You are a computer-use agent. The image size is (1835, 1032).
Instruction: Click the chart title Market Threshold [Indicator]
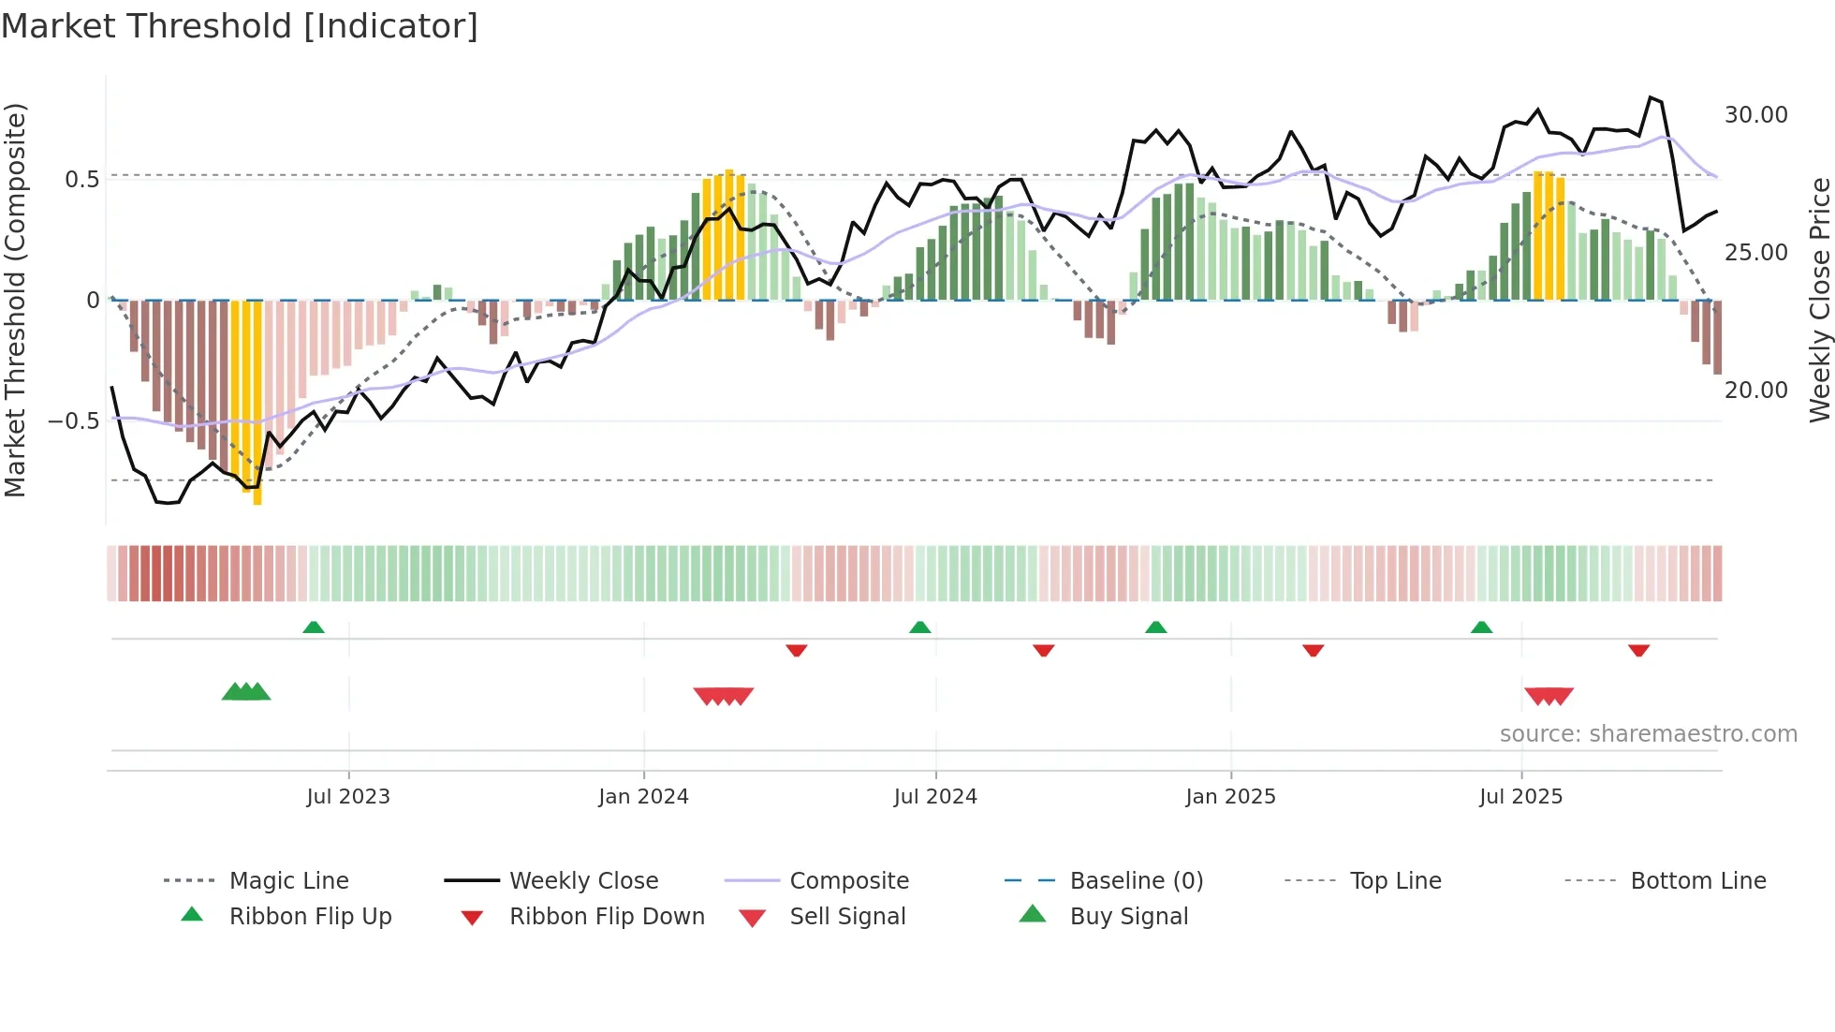pyautogui.click(x=240, y=26)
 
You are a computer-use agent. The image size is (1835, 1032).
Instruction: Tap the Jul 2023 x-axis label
pyautogui.click(x=348, y=797)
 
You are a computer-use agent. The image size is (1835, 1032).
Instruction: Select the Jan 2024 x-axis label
pyautogui.click(x=643, y=797)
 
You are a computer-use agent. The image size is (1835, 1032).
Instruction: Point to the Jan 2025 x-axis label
pyautogui.click(x=1230, y=797)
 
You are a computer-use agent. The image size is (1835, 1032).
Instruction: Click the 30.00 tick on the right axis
pyautogui.click(x=1755, y=115)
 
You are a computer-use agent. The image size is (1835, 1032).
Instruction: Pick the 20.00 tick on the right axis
pyautogui.click(x=1755, y=391)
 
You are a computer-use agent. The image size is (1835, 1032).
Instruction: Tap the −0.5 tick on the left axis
pyautogui.click(x=73, y=421)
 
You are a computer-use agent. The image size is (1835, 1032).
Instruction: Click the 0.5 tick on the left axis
pyautogui.click(x=81, y=180)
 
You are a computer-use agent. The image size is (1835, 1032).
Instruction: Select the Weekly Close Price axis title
pyautogui.click(x=1819, y=300)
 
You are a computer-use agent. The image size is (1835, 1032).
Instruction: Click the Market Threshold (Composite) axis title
pyautogui.click(x=15, y=300)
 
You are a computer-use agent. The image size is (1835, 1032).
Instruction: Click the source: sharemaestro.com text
pyautogui.click(x=1648, y=734)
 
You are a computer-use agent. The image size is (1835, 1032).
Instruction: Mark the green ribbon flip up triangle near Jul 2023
pyautogui.click(x=314, y=627)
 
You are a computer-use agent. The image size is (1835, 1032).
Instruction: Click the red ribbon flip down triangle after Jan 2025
pyautogui.click(x=1313, y=650)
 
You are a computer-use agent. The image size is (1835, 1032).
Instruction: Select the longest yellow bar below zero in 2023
pyautogui.click(x=257, y=403)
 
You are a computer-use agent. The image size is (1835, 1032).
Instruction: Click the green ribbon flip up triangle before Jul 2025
pyautogui.click(x=1481, y=627)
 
